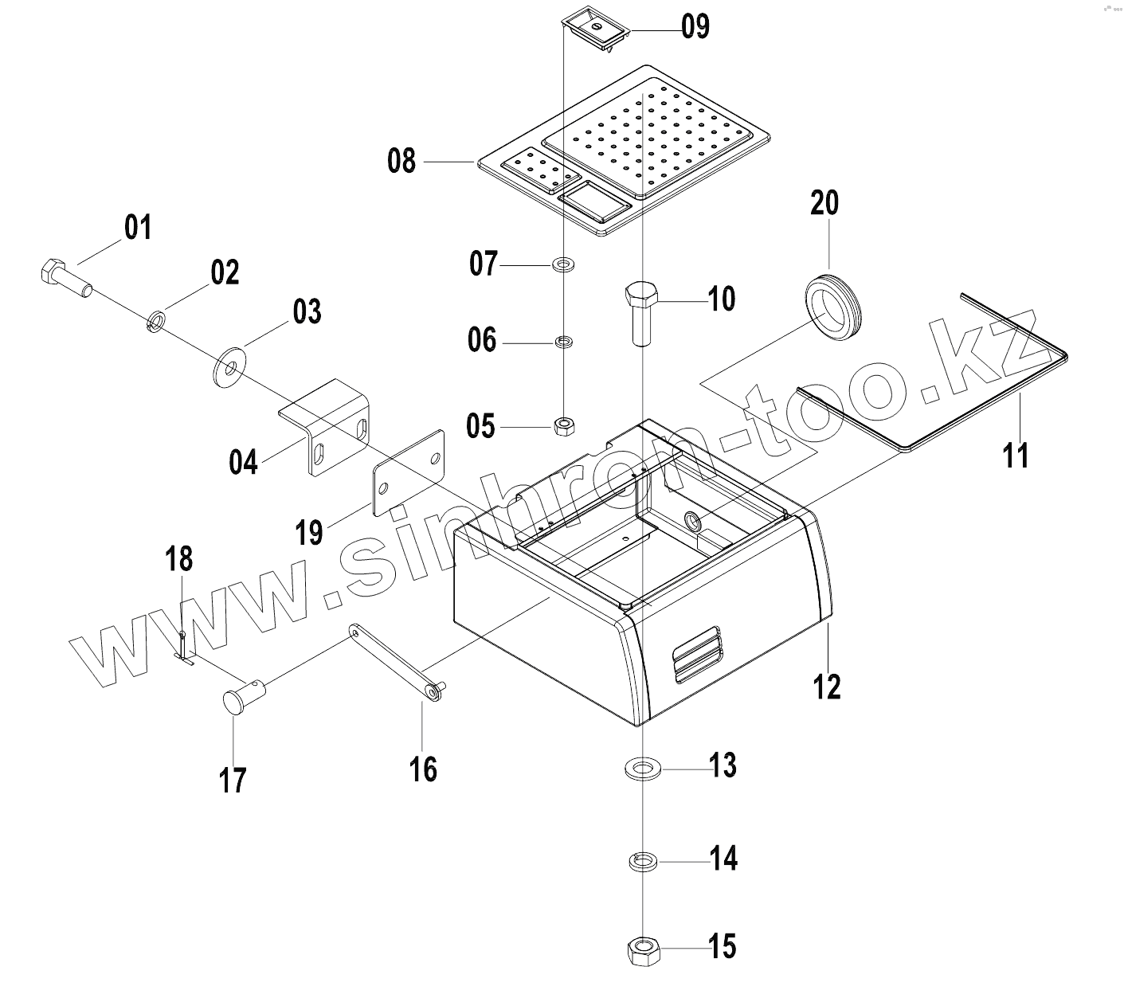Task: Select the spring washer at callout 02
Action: (x=156, y=321)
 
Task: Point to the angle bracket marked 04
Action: (x=327, y=427)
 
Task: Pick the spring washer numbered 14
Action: (x=641, y=861)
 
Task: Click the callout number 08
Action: (x=401, y=162)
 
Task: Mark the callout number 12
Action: (x=828, y=685)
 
